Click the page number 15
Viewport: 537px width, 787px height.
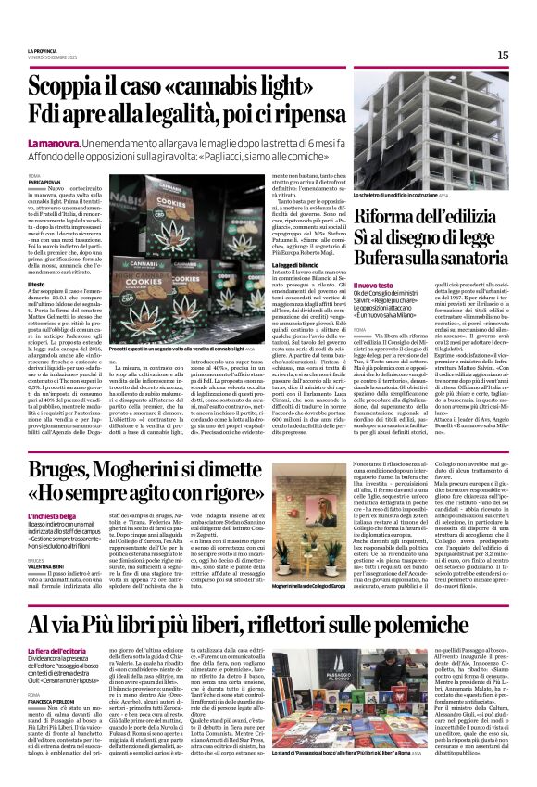point(503,55)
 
